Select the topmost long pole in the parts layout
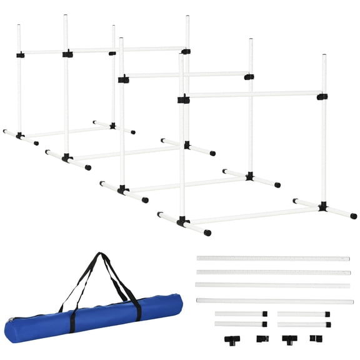(x=273, y=258)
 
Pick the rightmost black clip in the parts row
(x=315, y=339)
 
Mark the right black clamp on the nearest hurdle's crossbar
(x=322, y=97)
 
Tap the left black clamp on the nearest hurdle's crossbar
(x=183, y=99)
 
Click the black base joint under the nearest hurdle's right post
(x=322, y=206)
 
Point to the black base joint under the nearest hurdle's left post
(x=182, y=221)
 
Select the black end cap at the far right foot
(x=354, y=216)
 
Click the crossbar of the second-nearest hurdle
(x=187, y=76)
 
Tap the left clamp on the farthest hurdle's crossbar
(x=21, y=55)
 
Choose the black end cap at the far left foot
(x=5, y=132)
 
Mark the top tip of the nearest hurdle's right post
(x=324, y=56)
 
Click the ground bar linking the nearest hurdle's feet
(x=253, y=215)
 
